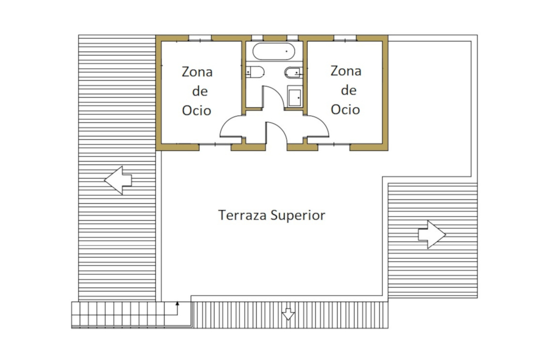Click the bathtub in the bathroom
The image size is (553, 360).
point(274,51)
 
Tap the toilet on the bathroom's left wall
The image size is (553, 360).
point(255,72)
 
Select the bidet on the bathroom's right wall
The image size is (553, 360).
point(294,72)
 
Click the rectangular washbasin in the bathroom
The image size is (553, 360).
point(294,96)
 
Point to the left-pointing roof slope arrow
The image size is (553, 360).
point(118,180)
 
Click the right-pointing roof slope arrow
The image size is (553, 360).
point(432,234)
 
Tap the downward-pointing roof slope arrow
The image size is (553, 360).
point(288,314)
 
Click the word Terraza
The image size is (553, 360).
point(242,215)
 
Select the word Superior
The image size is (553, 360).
point(298,216)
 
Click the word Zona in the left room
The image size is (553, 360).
point(197,72)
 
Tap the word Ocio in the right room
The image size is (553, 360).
point(345,110)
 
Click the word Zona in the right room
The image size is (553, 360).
point(346,71)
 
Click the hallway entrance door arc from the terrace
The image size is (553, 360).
point(282,129)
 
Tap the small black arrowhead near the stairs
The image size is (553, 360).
point(177,304)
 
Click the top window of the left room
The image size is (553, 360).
point(200,38)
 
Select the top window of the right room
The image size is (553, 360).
point(345,38)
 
